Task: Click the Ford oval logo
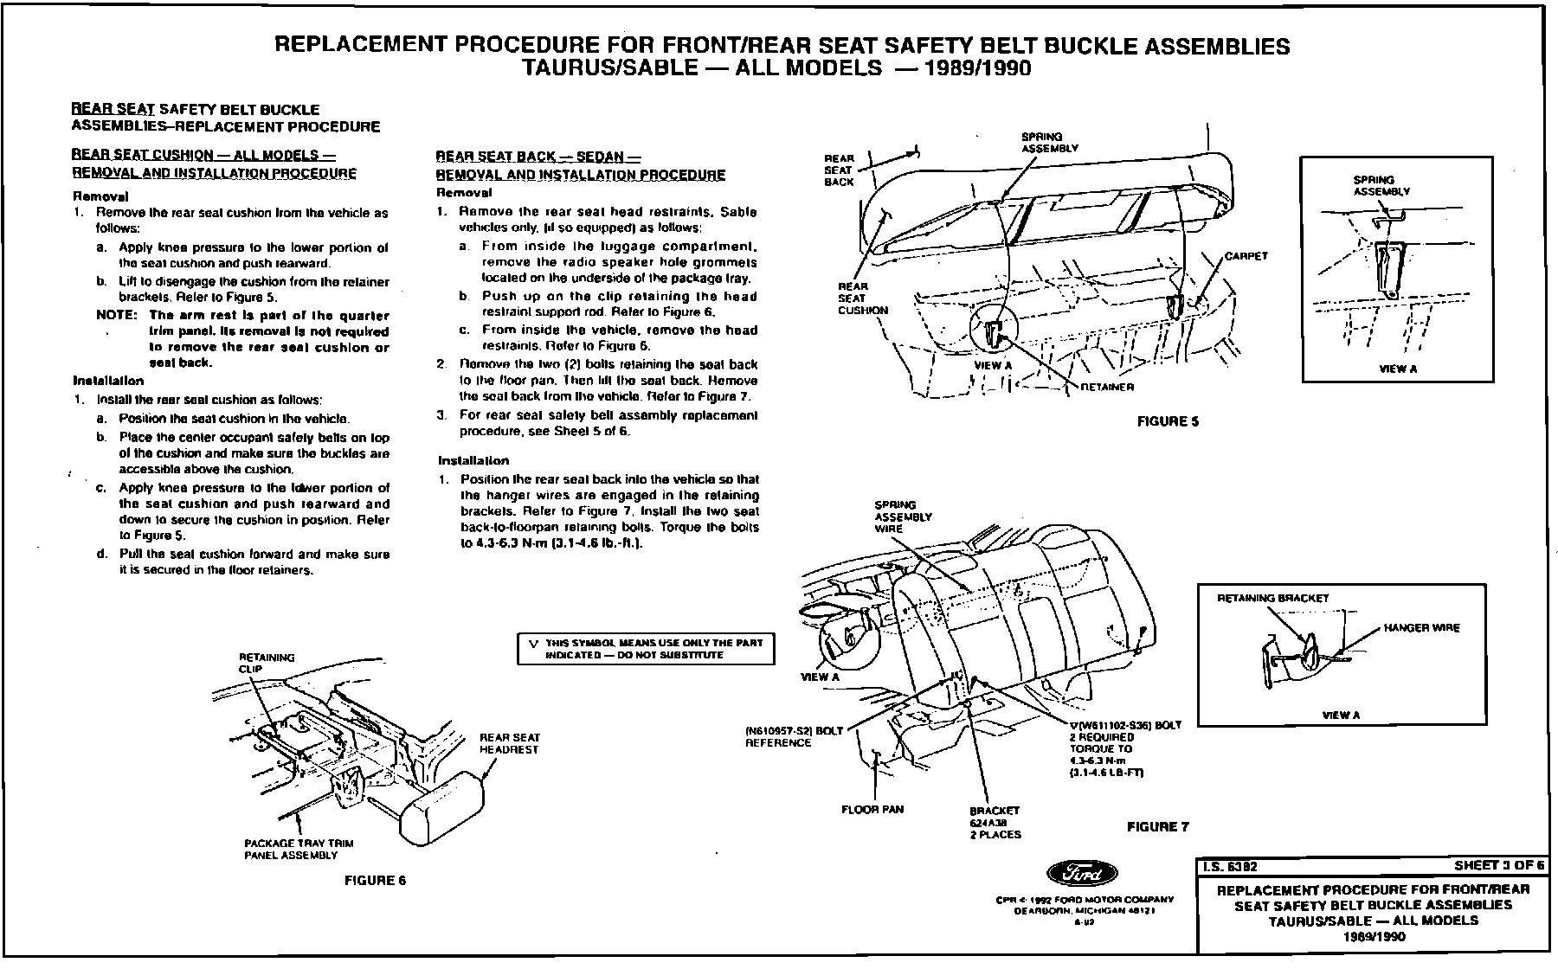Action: pyautogui.click(x=1082, y=874)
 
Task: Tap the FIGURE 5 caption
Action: pyautogui.click(x=1168, y=421)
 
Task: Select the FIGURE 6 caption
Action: pyautogui.click(x=375, y=881)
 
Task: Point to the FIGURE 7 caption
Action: pyautogui.click(x=1157, y=827)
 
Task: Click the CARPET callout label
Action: pyautogui.click(x=1246, y=256)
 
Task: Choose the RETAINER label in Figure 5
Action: pyautogui.click(x=1107, y=387)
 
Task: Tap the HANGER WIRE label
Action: pyautogui.click(x=1421, y=628)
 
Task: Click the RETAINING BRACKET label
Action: pyautogui.click(x=1272, y=598)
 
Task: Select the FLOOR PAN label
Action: pyautogui.click(x=872, y=810)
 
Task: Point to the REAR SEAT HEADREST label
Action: pyautogui.click(x=510, y=743)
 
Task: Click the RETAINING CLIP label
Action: pyautogui.click(x=267, y=663)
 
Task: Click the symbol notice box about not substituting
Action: pyautogui.click(x=645, y=649)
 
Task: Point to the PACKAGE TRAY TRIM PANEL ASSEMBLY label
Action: pyautogui.click(x=299, y=849)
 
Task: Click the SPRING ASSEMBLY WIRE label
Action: pyautogui.click(x=903, y=517)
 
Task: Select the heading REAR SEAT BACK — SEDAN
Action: pyautogui.click(x=537, y=157)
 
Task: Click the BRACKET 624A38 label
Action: pyautogui.click(x=995, y=823)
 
